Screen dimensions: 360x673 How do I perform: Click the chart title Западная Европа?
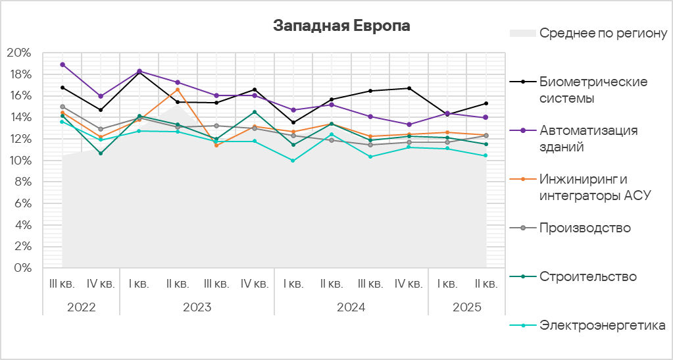(x=341, y=26)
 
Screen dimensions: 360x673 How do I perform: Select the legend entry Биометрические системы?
(x=593, y=90)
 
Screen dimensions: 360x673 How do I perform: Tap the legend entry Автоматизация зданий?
(x=588, y=138)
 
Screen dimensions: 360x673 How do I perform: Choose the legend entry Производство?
(x=585, y=228)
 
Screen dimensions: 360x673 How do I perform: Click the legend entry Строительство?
(x=587, y=276)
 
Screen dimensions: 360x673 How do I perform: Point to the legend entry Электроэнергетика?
(x=602, y=325)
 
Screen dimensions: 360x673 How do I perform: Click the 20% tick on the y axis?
(x=19, y=53)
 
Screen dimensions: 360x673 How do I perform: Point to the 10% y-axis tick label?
(x=19, y=161)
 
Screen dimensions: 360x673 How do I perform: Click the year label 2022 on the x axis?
(x=81, y=307)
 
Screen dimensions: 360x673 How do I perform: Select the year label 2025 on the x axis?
(x=466, y=307)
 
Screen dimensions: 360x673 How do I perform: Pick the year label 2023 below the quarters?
(x=197, y=307)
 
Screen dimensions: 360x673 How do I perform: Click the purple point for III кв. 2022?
(x=62, y=64)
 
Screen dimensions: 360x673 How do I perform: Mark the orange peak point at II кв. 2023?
(x=178, y=90)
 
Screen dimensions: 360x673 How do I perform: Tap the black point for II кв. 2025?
(x=486, y=103)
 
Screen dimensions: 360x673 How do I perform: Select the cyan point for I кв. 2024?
(x=293, y=161)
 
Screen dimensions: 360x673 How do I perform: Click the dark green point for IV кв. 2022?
(x=101, y=153)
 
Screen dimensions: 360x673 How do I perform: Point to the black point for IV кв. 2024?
(x=409, y=88)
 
